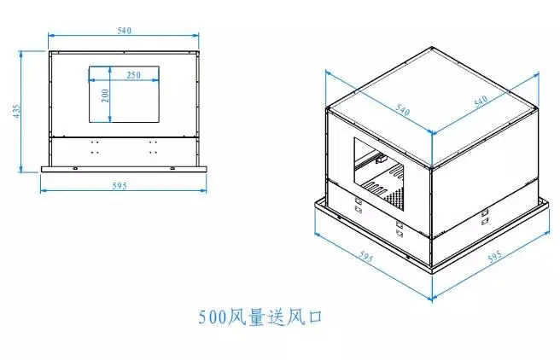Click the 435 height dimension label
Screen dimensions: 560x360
tap(16, 111)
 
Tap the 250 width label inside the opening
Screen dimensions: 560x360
tap(133, 75)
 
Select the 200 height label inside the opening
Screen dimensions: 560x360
tap(105, 94)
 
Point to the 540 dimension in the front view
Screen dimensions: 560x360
tap(125, 31)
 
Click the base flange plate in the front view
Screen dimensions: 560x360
tap(125, 167)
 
